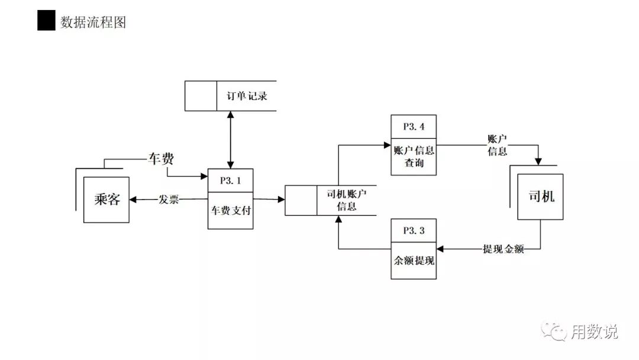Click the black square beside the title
(46, 21)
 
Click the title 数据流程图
(93, 22)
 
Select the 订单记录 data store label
(247, 95)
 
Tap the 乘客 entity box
(107, 200)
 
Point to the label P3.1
(230, 181)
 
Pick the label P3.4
(414, 127)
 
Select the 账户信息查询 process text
(414, 156)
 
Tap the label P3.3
(414, 231)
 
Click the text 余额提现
(414, 260)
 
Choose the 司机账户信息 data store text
(346, 200)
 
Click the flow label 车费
(160, 159)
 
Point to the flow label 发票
(169, 200)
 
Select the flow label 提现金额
(502, 249)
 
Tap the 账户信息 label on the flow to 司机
(497, 145)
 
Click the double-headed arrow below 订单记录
(230, 140)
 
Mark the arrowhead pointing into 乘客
(134, 200)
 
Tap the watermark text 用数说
(594, 332)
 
